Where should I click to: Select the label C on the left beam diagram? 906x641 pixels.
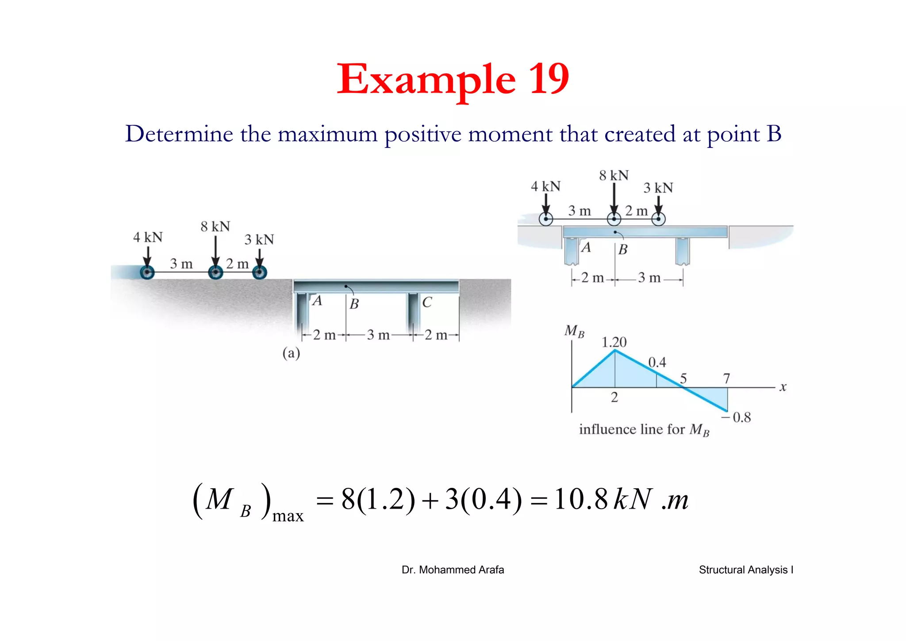click(x=427, y=302)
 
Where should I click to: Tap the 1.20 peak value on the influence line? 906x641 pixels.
click(x=614, y=342)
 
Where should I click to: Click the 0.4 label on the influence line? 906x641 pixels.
click(x=657, y=363)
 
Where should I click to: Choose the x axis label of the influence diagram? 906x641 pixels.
click(x=783, y=387)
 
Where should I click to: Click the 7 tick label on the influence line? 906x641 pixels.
click(x=726, y=378)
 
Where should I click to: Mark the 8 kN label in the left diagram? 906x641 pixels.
click(x=215, y=227)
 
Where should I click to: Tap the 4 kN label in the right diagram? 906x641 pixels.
click(x=545, y=186)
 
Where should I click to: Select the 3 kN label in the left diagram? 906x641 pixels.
click(x=259, y=239)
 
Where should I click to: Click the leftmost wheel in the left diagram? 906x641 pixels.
click(x=147, y=272)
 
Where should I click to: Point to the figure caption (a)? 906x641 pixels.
click(x=291, y=353)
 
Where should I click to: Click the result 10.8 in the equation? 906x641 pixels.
click(x=581, y=499)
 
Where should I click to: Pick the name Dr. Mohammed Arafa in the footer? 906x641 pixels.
click(x=453, y=570)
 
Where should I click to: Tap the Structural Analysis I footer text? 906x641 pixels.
click(x=746, y=570)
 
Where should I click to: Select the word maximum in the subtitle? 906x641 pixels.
click(x=327, y=134)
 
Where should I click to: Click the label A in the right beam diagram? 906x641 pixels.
click(x=586, y=247)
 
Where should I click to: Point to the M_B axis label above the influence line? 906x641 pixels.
click(x=574, y=331)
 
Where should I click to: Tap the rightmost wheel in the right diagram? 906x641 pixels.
click(x=658, y=219)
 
